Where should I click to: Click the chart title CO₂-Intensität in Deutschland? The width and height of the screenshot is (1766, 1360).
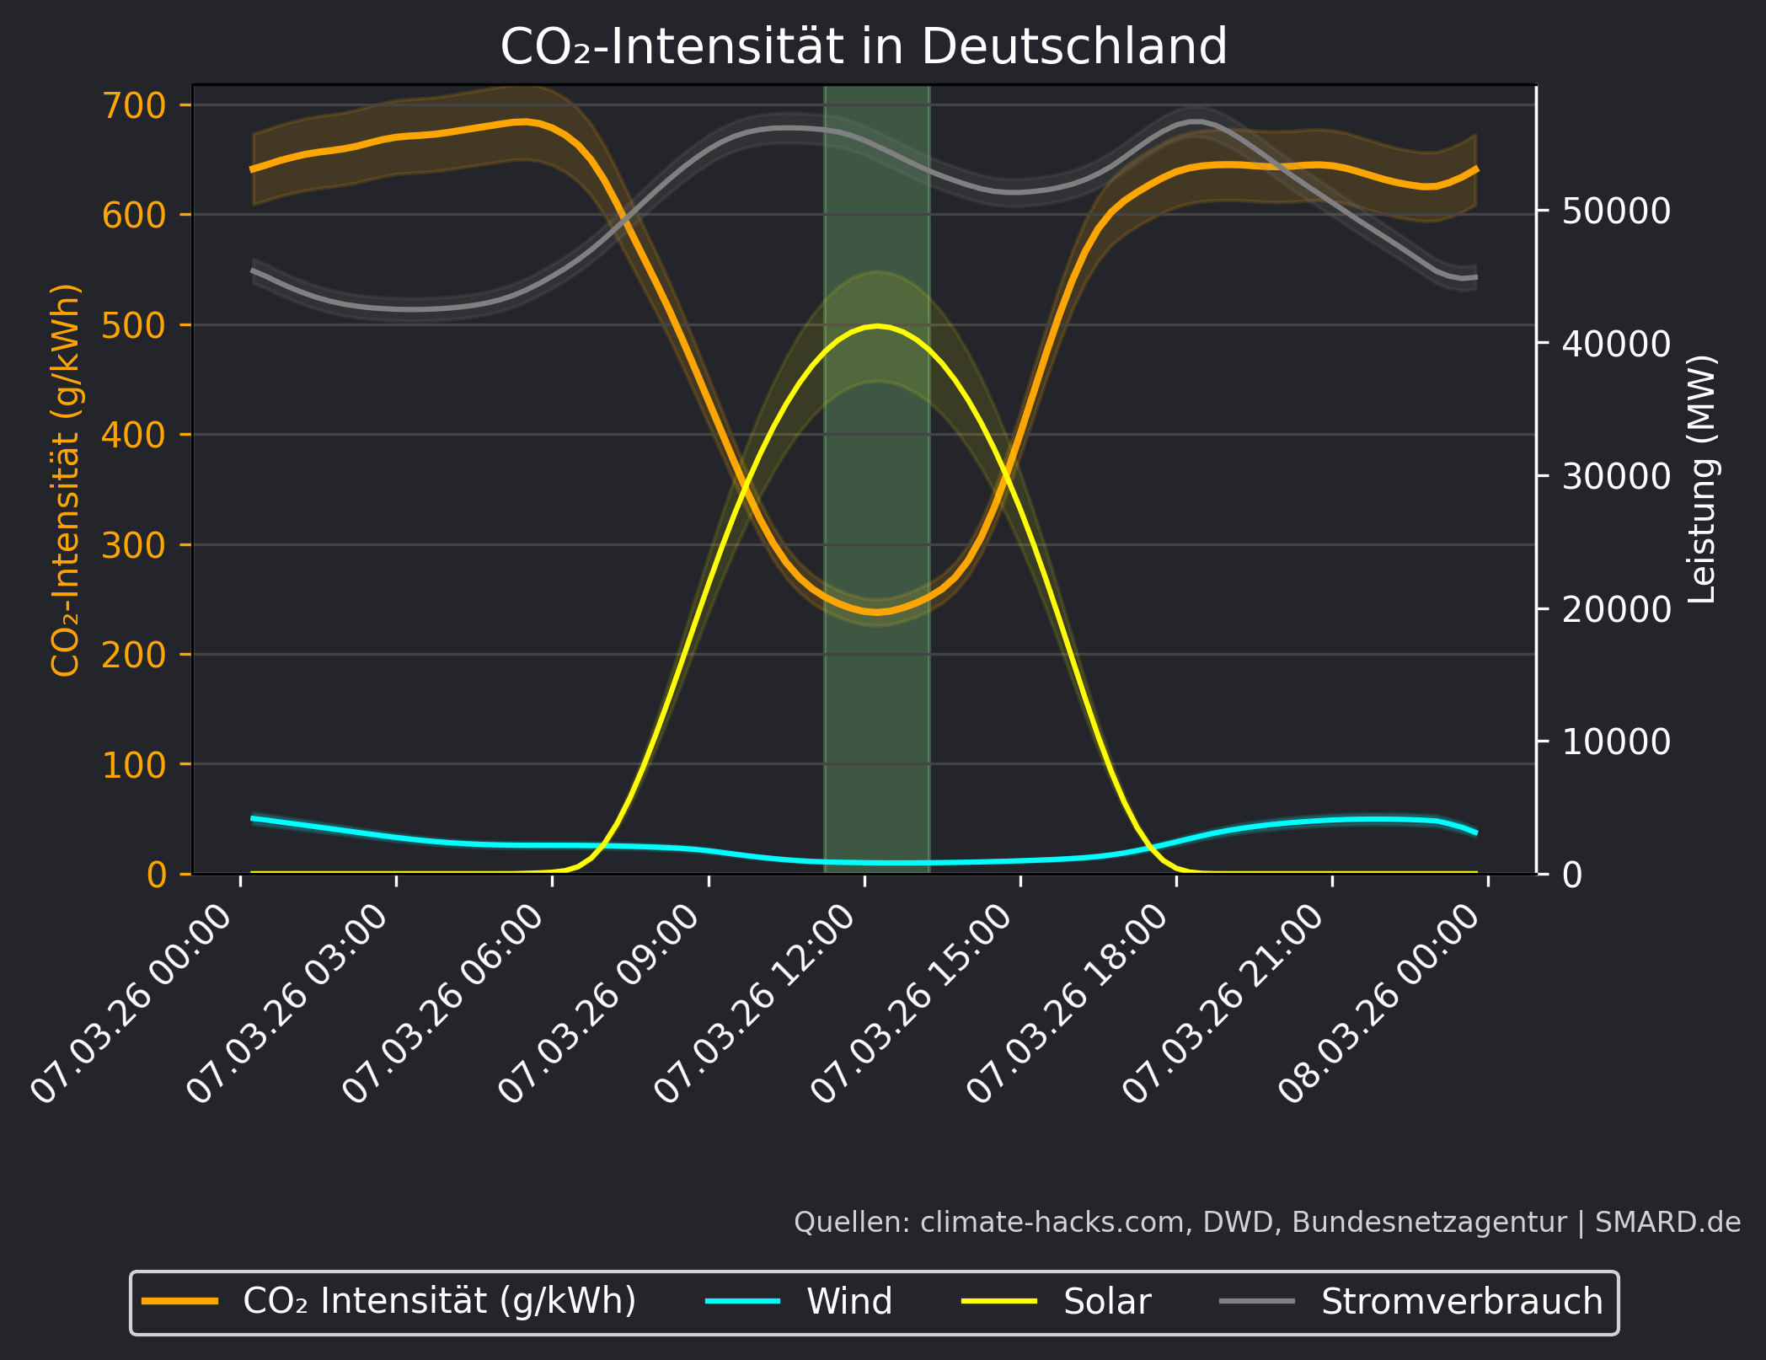point(864,46)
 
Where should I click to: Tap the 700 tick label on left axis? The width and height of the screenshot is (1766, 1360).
point(134,106)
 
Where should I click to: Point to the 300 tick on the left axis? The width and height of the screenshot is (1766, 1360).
point(134,546)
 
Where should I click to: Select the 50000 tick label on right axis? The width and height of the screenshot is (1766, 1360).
point(1615,211)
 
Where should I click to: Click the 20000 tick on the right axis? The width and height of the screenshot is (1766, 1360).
point(1615,609)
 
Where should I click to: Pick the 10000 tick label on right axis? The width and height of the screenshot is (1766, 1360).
point(1615,742)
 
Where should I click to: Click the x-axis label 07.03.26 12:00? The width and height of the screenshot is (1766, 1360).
point(757,1003)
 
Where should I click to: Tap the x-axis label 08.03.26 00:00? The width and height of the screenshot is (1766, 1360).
point(1380,1003)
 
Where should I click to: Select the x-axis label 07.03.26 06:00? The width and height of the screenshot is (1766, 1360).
point(445,1003)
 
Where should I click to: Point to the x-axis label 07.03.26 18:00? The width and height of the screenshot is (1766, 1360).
point(1068,1003)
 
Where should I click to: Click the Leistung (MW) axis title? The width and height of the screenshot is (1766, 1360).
point(1703,479)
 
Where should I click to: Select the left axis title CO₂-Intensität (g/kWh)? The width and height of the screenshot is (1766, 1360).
point(66,479)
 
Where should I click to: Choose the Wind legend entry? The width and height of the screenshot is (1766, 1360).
point(848,1302)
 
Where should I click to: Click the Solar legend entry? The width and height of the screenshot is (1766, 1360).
point(1106,1302)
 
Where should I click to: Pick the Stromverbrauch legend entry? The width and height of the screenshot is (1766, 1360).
point(1461,1302)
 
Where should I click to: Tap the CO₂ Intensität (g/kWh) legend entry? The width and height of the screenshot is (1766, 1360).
point(439,1302)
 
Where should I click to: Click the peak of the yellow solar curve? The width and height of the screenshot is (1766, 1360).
point(877,325)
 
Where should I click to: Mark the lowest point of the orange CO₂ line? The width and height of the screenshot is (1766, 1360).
point(876,613)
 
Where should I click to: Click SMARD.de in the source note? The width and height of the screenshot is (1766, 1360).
point(1667,1222)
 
